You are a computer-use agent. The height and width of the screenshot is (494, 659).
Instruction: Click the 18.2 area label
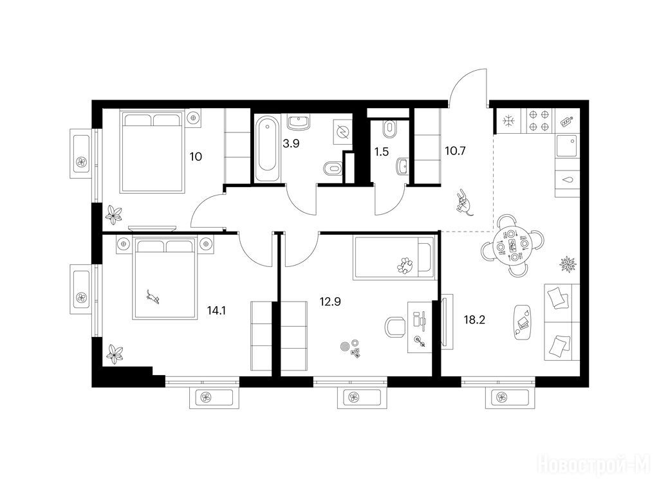tap(474, 320)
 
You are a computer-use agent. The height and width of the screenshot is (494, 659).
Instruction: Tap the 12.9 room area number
tap(330, 301)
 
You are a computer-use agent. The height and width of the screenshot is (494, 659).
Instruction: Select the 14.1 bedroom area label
tap(216, 311)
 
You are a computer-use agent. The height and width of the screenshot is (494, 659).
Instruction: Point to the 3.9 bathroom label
tap(291, 143)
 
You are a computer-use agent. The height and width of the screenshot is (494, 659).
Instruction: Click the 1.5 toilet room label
tap(381, 152)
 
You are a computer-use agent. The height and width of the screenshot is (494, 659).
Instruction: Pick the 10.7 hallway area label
tap(455, 151)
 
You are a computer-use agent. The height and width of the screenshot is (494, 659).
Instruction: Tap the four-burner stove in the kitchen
tap(539, 120)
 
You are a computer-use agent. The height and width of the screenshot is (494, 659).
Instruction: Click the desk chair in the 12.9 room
tap(395, 327)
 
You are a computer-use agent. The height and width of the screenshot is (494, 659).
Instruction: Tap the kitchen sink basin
tap(567, 146)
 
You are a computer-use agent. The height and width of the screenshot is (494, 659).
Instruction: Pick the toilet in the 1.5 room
tap(389, 129)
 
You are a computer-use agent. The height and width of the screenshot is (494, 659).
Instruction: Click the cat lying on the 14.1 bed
tap(153, 297)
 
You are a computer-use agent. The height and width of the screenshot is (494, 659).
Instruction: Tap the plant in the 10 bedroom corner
tap(113, 214)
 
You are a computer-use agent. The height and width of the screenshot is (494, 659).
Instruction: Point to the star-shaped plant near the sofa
tap(568, 264)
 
